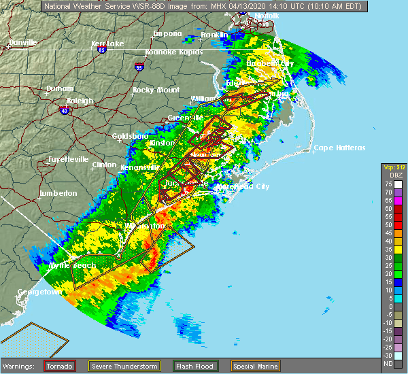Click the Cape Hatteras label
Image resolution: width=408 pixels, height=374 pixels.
341,148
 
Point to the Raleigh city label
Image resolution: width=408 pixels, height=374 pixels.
80,101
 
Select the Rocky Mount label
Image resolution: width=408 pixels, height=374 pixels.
156,90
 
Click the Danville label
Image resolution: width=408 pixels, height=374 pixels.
22,43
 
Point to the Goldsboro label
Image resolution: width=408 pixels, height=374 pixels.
130,136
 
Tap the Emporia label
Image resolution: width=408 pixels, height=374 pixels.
167,33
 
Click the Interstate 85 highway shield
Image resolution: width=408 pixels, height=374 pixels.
100,49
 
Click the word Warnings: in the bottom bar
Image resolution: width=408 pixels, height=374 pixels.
21,366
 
